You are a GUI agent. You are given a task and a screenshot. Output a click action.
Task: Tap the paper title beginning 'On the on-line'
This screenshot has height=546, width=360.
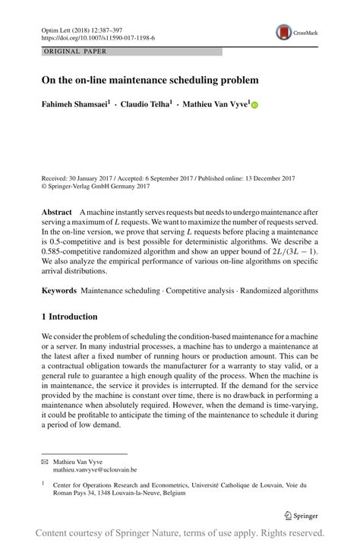click(150, 79)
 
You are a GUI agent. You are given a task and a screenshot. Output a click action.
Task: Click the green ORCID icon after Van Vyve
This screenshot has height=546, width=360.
click(254, 106)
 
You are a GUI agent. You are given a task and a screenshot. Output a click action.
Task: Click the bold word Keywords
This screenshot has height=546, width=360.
click(59, 290)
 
